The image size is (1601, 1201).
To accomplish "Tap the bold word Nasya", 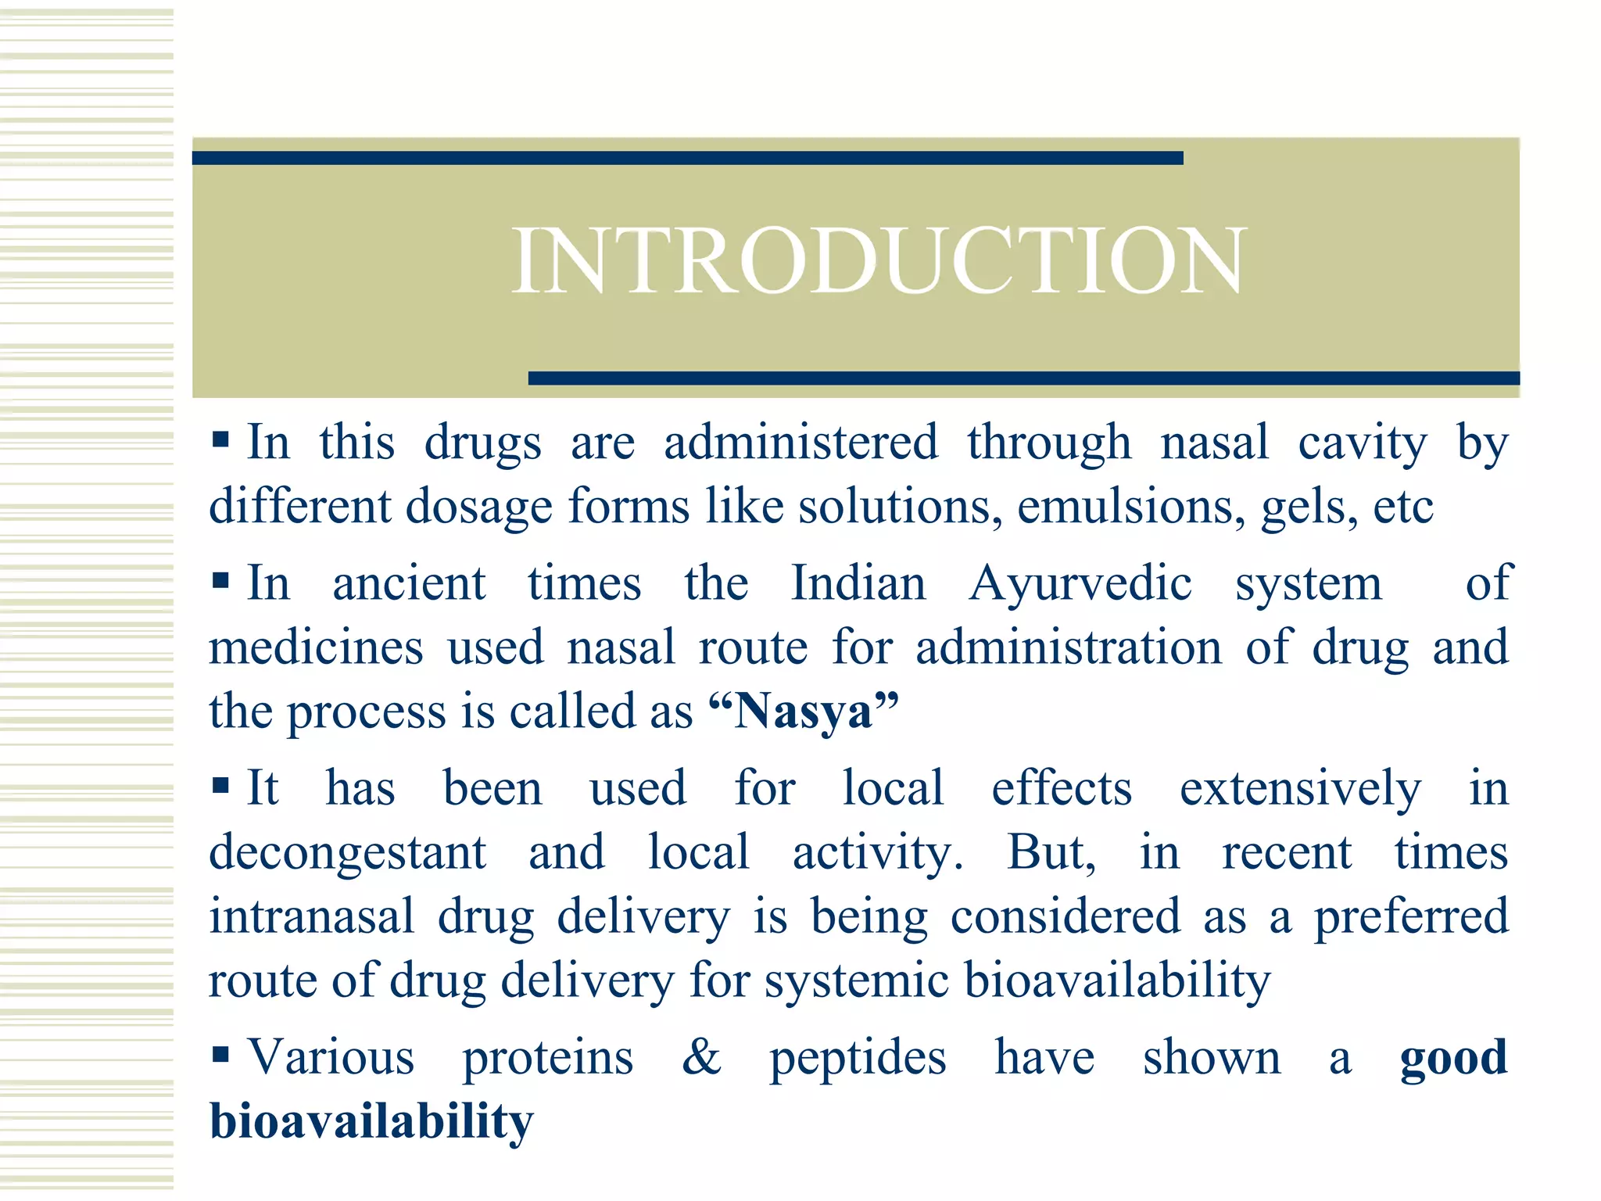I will [x=804, y=712].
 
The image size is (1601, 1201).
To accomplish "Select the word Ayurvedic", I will [x=1080, y=584].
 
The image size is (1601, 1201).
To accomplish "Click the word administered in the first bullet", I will [x=800, y=443].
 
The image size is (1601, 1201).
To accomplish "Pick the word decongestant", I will [x=347, y=853].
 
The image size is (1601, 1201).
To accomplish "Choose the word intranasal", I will [x=311, y=916].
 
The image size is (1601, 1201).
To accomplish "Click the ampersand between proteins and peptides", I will [x=701, y=1057].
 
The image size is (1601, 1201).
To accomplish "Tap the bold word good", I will [x=1453, y=1058].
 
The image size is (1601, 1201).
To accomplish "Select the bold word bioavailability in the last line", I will [x=371, y=1122].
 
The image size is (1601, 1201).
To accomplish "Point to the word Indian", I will [x=858, y=584].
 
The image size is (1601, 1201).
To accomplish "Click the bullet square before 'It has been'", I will [x=220, y=785].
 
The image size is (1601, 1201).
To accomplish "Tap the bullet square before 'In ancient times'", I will [x=220, y=581].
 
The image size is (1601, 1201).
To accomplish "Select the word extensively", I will [x=1300, y=789].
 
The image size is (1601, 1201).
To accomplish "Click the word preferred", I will [x=1411, y=917].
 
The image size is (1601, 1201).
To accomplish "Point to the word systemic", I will [x=856, y=981].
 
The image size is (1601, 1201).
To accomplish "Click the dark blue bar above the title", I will [x=687, y=158].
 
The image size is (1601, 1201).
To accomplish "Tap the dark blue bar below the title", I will [x=1023, y=378].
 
